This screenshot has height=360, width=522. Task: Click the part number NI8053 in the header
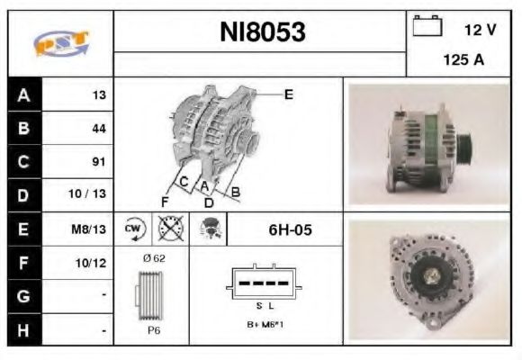tap(262, 32)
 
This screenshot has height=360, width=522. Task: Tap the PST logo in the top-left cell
tap(60, 43)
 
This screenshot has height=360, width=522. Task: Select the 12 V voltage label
tap(480, 30)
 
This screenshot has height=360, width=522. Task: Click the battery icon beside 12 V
tap(427, 27)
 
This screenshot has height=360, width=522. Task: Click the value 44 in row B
tap(98, 129)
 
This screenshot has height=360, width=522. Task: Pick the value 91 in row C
tap(98, 162)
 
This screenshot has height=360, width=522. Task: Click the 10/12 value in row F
tap(93, 264)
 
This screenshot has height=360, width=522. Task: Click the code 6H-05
tap(290, 229)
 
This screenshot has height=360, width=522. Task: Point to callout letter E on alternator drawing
tap(289, 94)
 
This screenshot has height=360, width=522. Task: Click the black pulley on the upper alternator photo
tap(464, 143)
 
